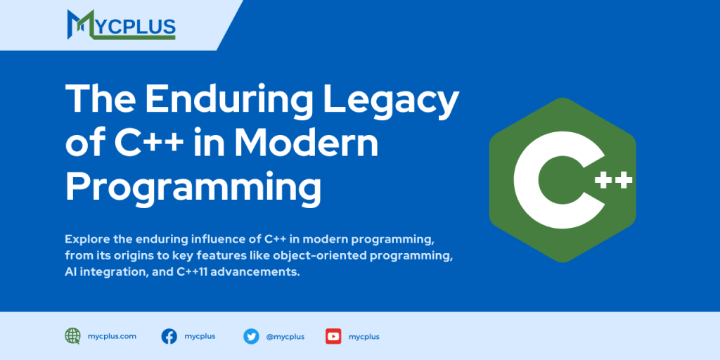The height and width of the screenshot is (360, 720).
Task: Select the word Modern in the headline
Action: (x=306, y=143)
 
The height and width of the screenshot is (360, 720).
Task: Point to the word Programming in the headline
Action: (x=193, y=187)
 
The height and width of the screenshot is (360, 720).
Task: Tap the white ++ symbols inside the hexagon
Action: (x=613, y=181)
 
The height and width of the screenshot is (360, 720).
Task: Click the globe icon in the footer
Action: (x=72, y=336)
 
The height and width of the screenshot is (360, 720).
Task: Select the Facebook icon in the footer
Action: (x=169, y=336)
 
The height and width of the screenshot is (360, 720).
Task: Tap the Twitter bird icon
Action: (x=251, y=336)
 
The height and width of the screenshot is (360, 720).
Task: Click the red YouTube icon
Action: (x=333, y=336)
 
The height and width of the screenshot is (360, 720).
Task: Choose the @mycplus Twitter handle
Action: (x=285, y=337)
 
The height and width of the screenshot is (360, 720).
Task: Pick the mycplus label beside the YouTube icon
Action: (x=364, y=337)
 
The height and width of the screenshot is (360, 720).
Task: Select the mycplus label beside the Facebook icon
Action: (x=200, y=336)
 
